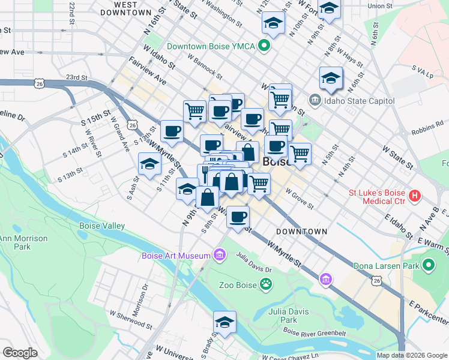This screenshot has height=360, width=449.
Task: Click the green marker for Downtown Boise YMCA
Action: click(263, 46)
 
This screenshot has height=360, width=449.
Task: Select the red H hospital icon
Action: click(414, 196)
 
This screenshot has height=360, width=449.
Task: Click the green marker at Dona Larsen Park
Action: click(428, 265)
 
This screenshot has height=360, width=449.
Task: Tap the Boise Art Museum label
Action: click(175, 256)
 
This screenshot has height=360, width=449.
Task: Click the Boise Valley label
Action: click(102, 226)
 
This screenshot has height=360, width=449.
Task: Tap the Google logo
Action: click(20, 353)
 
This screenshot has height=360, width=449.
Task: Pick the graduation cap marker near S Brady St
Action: click(224, 322)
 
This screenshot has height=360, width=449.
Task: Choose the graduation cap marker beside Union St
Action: click(328, 8)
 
